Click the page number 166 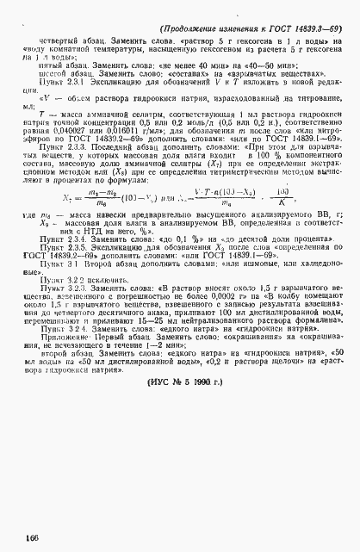22,515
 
